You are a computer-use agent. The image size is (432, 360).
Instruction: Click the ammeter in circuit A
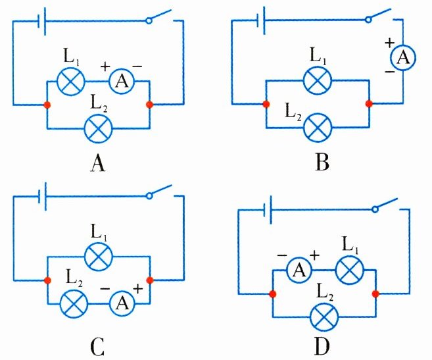(121, 82)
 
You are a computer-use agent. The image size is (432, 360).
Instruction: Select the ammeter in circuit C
(121, 303)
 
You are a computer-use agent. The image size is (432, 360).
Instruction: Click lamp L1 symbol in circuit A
(68, 82)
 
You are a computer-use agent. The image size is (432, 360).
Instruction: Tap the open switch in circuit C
(160, 192)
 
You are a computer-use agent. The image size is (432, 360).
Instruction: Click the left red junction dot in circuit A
(46, 105)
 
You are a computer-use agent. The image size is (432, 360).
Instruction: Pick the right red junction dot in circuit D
(375, 294)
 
